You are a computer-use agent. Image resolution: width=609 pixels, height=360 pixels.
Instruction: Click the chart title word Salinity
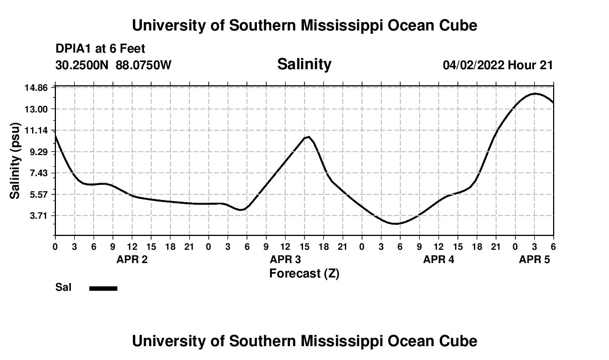pyautogui.click(x=304, y=64)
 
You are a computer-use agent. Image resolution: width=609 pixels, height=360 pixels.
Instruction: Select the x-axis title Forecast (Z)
pyautogui.click(x=304, y=274)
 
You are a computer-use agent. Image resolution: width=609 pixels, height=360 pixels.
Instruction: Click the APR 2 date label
pyautogui.click(x=132, y=259)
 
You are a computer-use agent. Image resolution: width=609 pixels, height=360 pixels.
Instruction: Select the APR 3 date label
pyautogui.click(x=285, y=259)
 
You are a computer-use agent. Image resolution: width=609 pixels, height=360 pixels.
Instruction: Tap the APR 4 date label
pyautogui.click(x=438, y=259)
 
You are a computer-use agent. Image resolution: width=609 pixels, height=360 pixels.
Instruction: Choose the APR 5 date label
pyautogui.click(x=534, y=259)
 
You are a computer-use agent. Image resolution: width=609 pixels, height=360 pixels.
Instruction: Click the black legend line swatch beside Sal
pyautogui.click(x=104, y=288)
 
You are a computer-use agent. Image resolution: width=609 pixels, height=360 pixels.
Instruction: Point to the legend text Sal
pyautogui.click(x=63, y=288)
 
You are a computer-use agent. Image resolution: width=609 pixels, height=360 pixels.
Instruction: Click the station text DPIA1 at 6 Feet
pyautogui.click(x=100, y=49)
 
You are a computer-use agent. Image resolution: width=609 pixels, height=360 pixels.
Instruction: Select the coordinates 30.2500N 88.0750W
pyautogui.click(x=113, y=65)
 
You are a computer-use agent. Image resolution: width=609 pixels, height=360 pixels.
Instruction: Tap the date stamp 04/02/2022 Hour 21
pyautogui.click(x=498, y=65)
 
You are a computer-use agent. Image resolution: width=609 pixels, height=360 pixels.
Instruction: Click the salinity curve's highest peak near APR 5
pyautogui.click(x=535, y=94)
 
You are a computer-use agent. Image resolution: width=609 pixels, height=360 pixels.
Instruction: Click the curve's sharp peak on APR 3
pyautogui.click(x=308, y=136)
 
